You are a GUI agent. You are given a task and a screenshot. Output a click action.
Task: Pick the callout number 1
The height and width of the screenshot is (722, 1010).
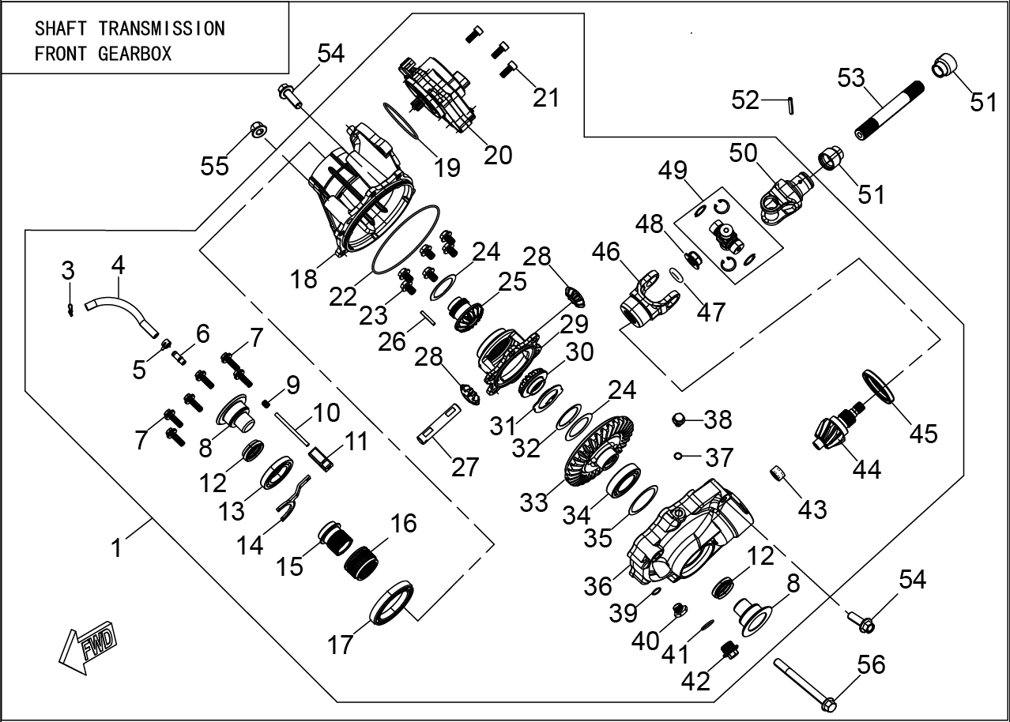(117, 547)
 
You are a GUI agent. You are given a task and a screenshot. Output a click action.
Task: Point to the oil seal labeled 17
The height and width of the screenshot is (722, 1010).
(393, 602)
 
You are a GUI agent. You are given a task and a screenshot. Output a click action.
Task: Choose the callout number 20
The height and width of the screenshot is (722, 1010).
(498, 154)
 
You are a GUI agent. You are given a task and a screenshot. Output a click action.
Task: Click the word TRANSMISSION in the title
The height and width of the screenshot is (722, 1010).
(162, 28)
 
